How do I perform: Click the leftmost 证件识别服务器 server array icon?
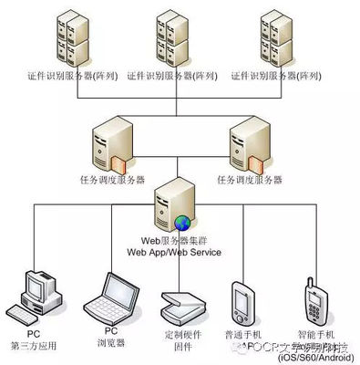[x=73, y=38]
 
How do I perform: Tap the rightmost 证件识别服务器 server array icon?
[x=280, y=38]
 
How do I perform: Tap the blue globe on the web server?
[x=182, y=222]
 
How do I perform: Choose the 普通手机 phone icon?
[x=241, y=302]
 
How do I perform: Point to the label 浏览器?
[x=111, y=345]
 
